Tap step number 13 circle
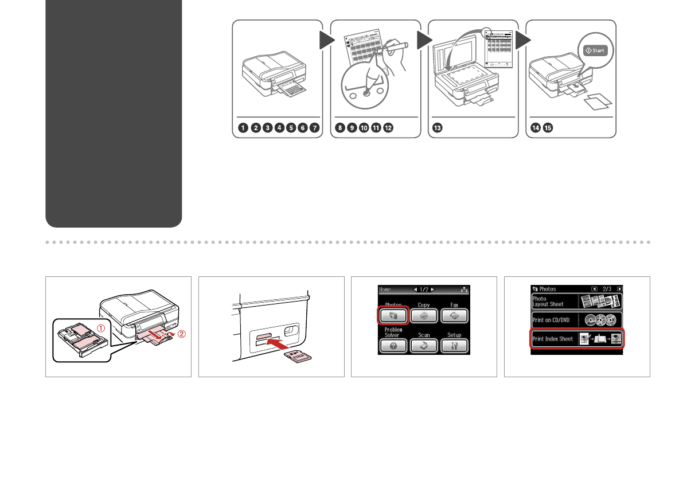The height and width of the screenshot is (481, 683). pyautogui.click(x=438, y=128)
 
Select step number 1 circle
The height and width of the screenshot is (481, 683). pyautogui.click(x=243, y=128)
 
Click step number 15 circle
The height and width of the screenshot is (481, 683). pyautogui.click(x=548, y=128)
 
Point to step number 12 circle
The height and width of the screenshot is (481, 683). pyautogui.click(x=389, y=128)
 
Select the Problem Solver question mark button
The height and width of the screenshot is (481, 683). pyautogui.click(x=393, y=346)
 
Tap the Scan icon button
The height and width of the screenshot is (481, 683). pyautogui.click(x=424, y=346)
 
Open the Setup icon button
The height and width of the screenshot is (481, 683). pyautogui.click(x=454, y=346)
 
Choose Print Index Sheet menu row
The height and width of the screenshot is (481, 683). pyautogui.click(x=577, y=339)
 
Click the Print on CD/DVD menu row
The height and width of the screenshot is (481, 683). pyautogui.click(x=577, y=320)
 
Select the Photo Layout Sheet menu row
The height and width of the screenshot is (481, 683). pyautogui.click(x=577, y=302)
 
